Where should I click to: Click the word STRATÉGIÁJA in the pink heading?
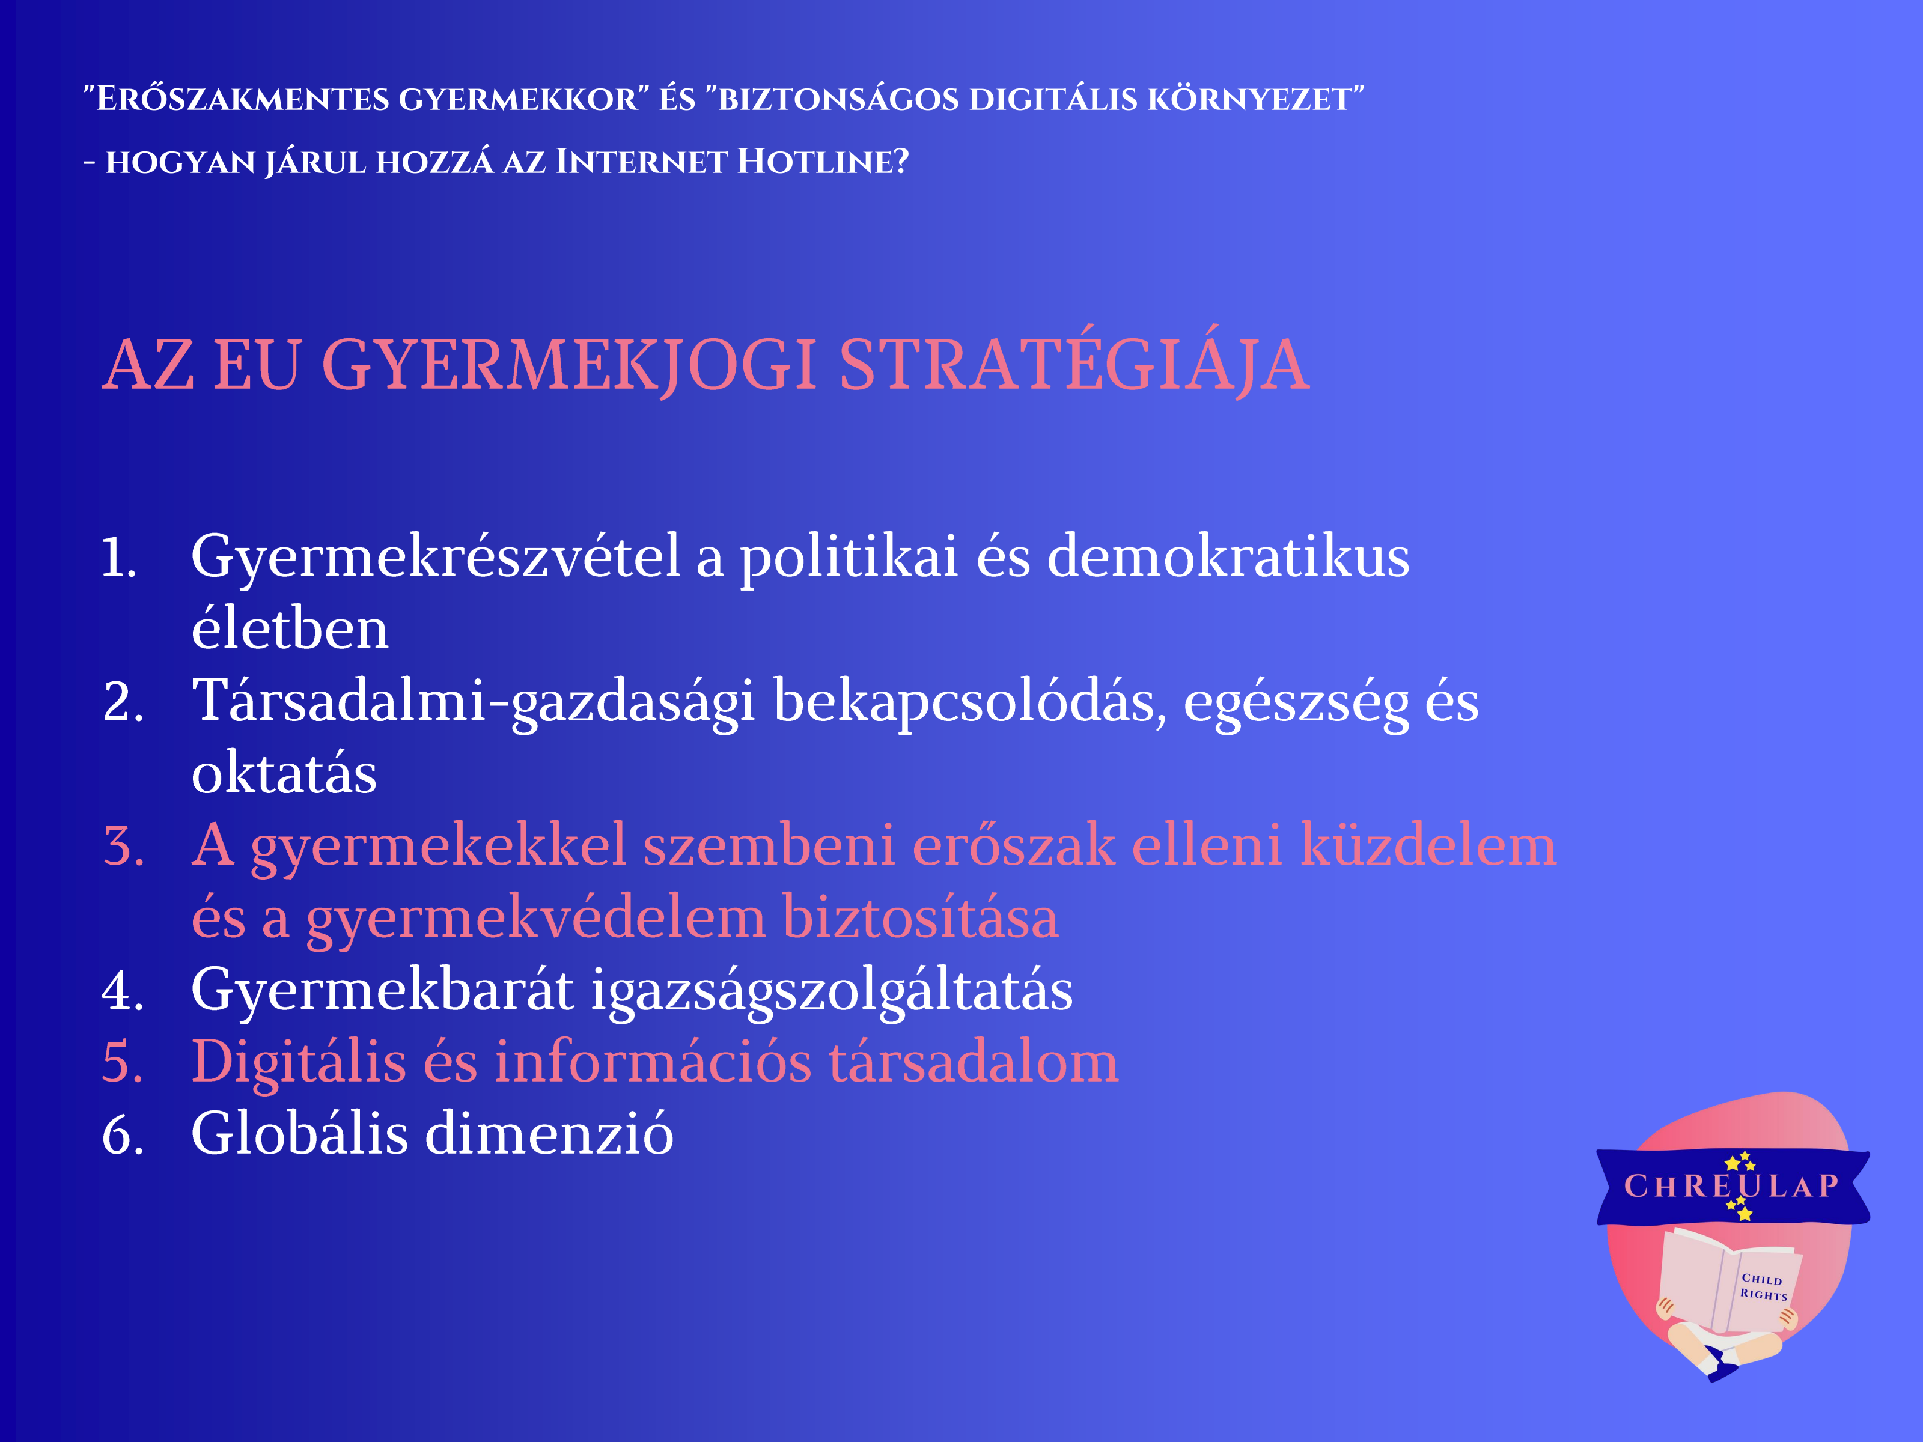pyautogui.click(x=1074, y=364)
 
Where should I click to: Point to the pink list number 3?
pyautogui.click(x=123, y=846)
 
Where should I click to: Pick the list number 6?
pyautogui.click(x=123, y=1134)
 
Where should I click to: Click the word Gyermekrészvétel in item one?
pyautogui.click(x=434, y=558)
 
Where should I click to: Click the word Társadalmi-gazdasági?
pyautogui.click(x=473, y=702)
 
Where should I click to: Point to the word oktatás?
pyautogui.click(x=284, y=774)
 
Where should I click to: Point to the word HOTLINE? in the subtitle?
pyautogui.click(x=823, y=162)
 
